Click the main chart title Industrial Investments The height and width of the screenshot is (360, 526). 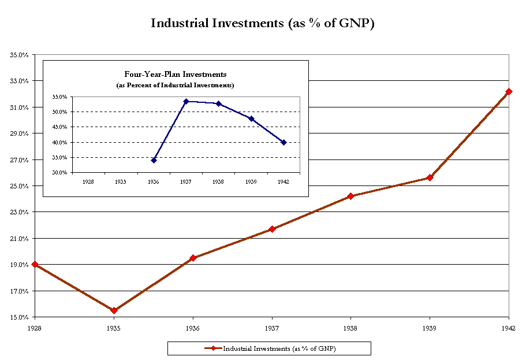pyautogui.click(x=263, y=24)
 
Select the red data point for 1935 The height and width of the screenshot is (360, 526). pyautogui.click(x=114, y=310)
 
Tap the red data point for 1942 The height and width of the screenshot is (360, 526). pyautogui.click(x=509, y=91)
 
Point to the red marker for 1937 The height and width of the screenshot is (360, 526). pyautogui.click(x=272, y=229)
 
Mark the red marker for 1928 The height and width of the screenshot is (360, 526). pyautogui.click(x=35, y=264)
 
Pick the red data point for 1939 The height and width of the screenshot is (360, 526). pyautogui.click(x=430, y=177)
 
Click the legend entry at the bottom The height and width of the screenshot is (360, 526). pyautogui.click(x=269, y=348)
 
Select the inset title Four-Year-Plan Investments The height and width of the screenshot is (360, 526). pyautogui.click(x=176, y=74)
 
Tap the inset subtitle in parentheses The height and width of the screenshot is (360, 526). pyautogui.click(x=176, y=85)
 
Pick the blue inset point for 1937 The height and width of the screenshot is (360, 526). pyautogui.click(x=186, y=101)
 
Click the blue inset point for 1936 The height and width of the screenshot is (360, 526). pyautogui.click(x=154, y=160)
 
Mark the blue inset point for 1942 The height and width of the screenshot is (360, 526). pyautogui.click(x=283, y=142)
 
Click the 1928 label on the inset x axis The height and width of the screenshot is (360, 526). pyautogui.click(x=88, y=181)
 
